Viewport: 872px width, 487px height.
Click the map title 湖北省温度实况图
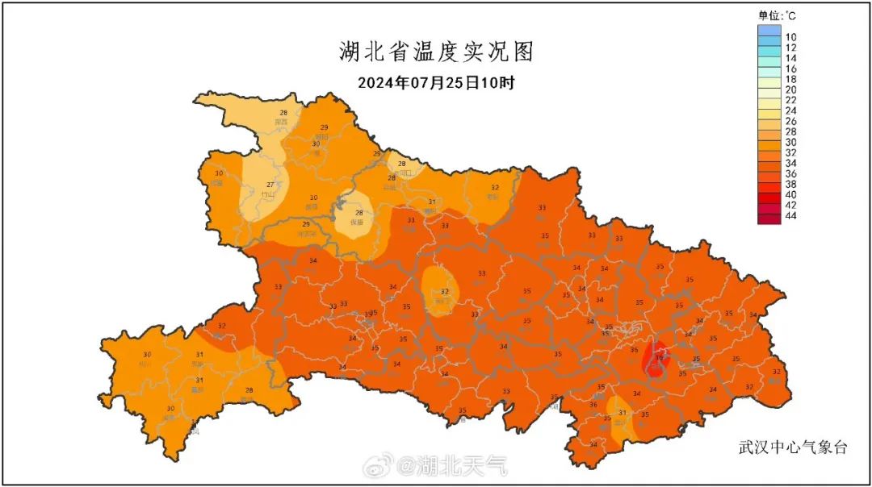(436, 52)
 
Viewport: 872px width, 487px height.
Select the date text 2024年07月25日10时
(436, 82)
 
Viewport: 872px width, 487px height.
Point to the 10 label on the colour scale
(791, 37)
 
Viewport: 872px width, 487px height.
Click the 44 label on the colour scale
(791, 217)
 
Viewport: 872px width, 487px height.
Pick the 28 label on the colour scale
(791, 132)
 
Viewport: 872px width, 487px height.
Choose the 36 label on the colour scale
(791, 174)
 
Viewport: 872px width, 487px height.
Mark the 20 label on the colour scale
(791, 89)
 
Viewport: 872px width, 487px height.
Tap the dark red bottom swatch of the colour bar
(769, 218)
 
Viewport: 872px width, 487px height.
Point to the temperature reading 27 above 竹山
(270, 185)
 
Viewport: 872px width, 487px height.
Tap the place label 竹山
(268, 194)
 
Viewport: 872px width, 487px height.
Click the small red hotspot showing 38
(658, 358)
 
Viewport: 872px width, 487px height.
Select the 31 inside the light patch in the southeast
(622, 413)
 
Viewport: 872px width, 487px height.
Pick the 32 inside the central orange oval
(445, 291)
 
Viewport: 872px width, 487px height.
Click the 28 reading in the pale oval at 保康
(359, 213)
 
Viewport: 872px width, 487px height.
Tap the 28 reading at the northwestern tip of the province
(283, 113)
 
